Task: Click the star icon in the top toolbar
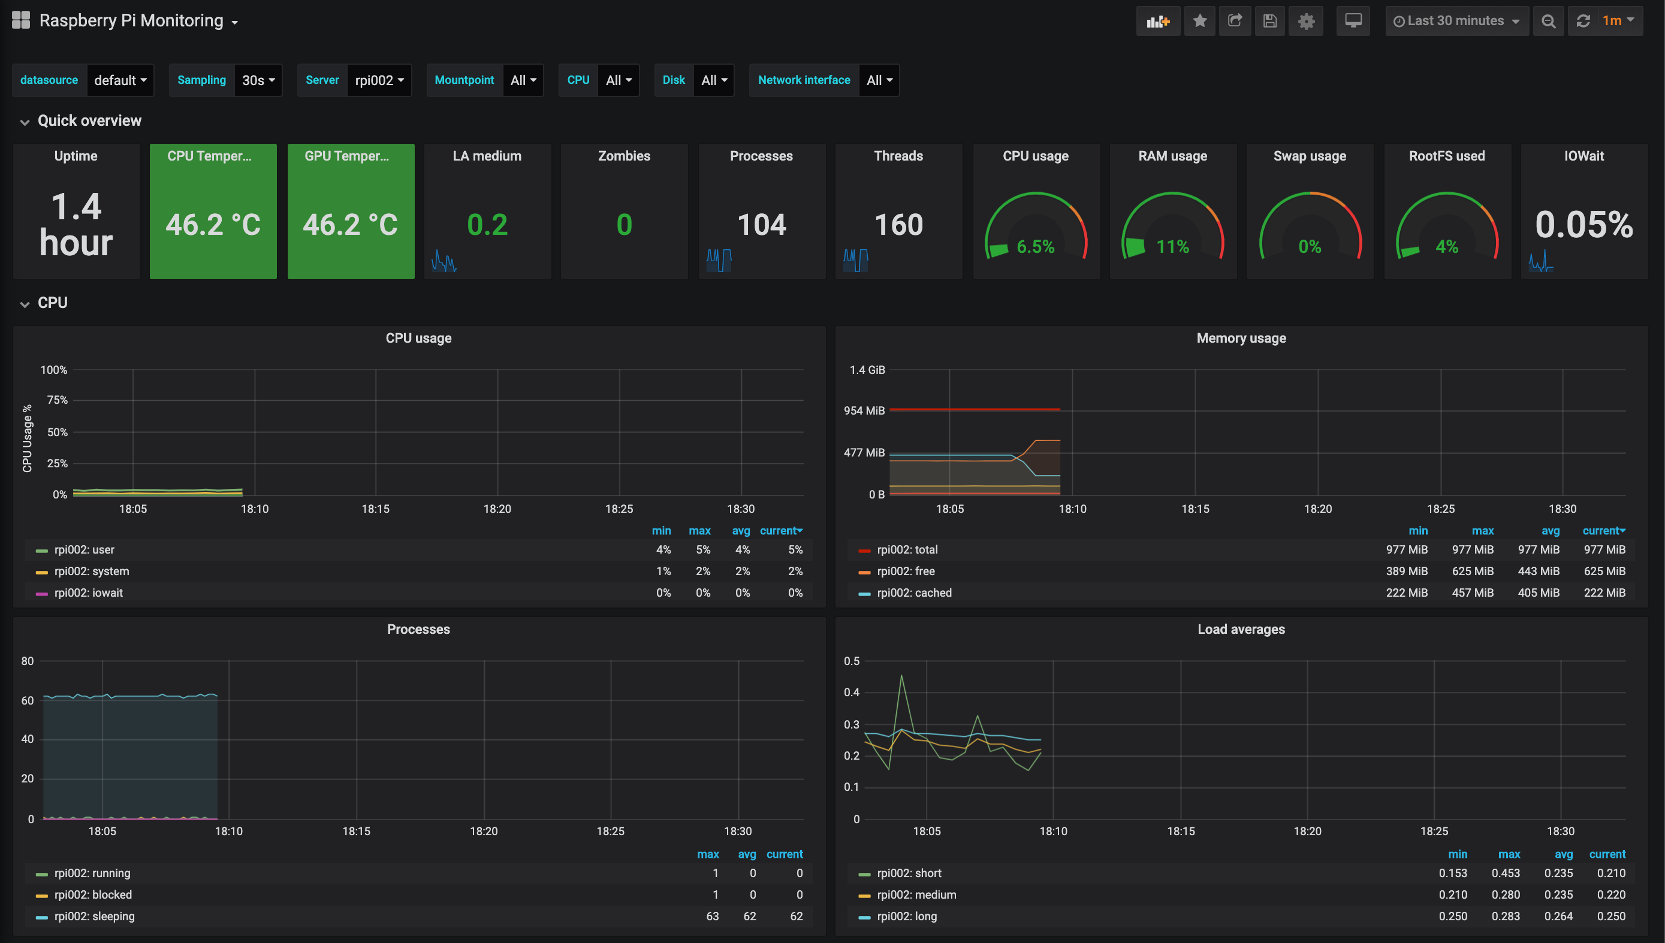1199,21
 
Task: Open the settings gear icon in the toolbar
1306,21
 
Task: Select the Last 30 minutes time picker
1456,21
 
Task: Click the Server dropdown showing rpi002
379,80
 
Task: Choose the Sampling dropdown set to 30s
258,80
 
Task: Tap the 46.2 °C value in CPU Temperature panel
213,225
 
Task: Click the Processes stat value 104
761,225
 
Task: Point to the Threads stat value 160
898,225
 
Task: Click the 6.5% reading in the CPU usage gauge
1035,247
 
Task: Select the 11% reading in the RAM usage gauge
1172,247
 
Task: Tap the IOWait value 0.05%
1584,225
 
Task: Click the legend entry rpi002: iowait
88,593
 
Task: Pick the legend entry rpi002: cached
914,593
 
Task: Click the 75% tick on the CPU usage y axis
57,400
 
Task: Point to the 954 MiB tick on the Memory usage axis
864,410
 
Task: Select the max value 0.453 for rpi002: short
1506,873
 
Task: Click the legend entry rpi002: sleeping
95,917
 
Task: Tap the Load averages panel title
1241,630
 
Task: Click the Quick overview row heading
89,120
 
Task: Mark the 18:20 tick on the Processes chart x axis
483,831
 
